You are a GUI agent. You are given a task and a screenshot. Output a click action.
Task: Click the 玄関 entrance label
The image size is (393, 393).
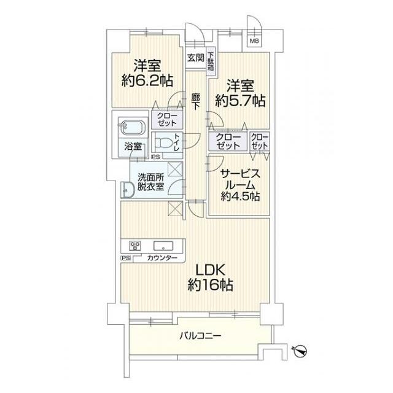[195, 58]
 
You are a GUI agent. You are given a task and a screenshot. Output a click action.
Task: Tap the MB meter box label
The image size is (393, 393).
[254, 42]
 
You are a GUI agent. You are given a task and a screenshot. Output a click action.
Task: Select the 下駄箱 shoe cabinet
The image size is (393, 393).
[211, 63]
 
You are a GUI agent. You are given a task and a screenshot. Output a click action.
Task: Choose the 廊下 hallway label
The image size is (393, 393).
[195, 101]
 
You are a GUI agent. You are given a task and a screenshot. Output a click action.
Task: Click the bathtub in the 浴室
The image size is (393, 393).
[133, 129]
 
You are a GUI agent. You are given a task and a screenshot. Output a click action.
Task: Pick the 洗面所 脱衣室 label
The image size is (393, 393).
[150, 183]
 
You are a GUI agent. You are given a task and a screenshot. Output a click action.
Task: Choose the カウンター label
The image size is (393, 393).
[162, 258]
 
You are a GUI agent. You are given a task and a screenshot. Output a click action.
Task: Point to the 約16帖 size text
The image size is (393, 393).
[211, 285]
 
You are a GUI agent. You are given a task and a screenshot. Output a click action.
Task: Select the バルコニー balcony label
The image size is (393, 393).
[200, 337]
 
